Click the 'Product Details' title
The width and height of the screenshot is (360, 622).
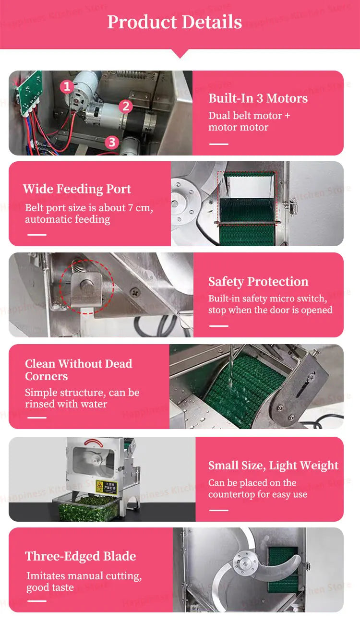[x=174, y=22]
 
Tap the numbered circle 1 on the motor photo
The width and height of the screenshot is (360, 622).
[x=67, y=87]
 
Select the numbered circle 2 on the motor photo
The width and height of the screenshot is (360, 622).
[x=126, y=106]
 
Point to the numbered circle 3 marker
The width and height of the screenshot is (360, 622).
[x=112, y=142]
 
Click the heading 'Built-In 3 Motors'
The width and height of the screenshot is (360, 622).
[x=258, y=98]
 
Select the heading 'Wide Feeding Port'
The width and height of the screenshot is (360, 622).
[x=77, y=189]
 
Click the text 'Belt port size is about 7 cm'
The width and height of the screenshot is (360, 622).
[x=89, y=208]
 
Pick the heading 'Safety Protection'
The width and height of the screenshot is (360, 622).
[x=258, y=282]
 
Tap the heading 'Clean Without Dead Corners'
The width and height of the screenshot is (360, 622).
[x=78, y=370]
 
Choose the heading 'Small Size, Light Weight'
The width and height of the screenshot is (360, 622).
[x=273, y=466]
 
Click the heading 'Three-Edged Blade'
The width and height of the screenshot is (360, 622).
[x=80, y=556]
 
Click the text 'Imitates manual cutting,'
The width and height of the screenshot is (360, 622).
[x=84, y=576]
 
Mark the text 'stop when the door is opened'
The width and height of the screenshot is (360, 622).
[x=270, y=310]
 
